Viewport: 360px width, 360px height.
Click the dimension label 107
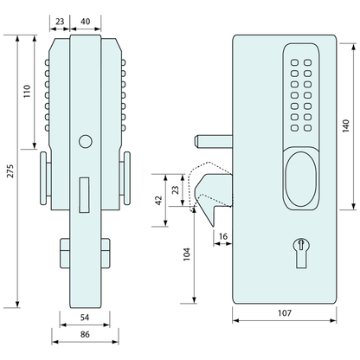283,312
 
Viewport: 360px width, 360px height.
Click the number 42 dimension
158,199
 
